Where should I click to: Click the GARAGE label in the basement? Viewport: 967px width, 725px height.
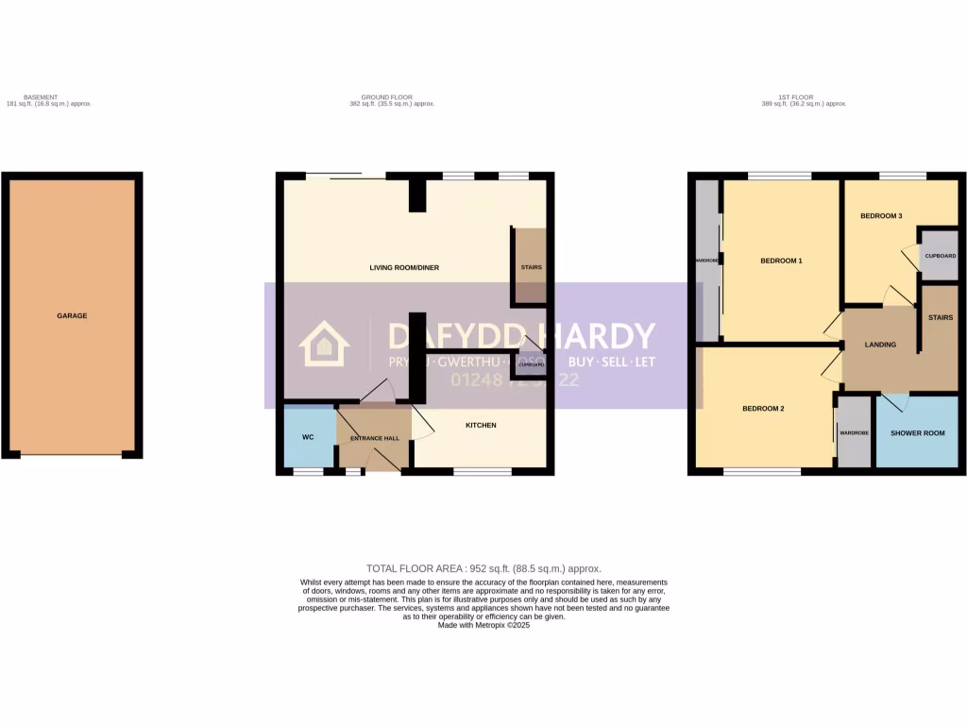72,315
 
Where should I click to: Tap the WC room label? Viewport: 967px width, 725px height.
307,437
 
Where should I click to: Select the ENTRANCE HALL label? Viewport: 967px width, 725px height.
375,439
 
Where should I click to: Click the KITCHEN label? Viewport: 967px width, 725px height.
481,425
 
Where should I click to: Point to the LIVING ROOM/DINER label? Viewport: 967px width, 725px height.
404,268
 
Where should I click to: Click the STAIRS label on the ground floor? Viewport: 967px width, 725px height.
531,267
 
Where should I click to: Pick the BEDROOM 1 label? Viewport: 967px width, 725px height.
781,261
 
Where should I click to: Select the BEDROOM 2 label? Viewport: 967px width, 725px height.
763,409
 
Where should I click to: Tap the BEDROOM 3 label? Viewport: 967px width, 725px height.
880,216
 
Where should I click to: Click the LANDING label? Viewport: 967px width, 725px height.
880,345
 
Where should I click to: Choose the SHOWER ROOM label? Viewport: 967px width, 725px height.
918,433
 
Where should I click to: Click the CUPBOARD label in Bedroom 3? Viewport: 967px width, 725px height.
941,256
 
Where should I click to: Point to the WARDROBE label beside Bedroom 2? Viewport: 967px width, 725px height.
854,433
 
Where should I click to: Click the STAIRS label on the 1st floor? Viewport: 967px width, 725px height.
941,318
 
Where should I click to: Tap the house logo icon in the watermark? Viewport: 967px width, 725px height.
324,344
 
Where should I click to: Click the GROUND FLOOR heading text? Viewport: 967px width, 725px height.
386,97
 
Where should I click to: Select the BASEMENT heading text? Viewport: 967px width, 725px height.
41,97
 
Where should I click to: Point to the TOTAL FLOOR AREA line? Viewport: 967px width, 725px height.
483,568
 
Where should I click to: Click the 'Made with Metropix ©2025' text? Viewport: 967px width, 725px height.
483,625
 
